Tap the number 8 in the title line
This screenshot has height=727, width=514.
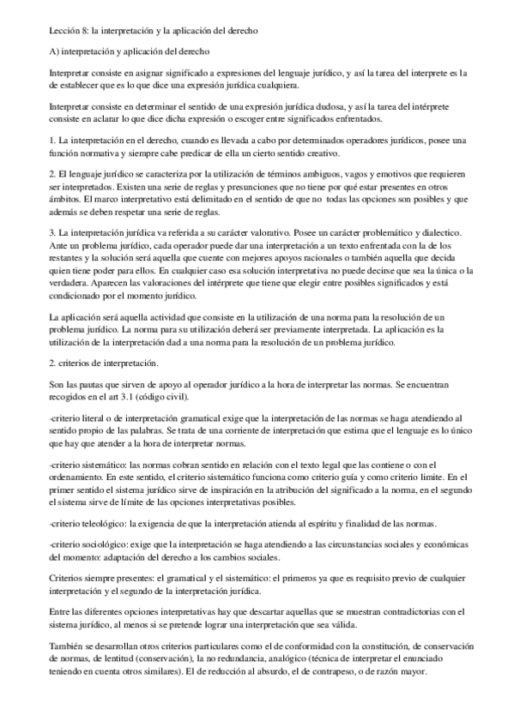86,31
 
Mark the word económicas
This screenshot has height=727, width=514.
438,544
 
